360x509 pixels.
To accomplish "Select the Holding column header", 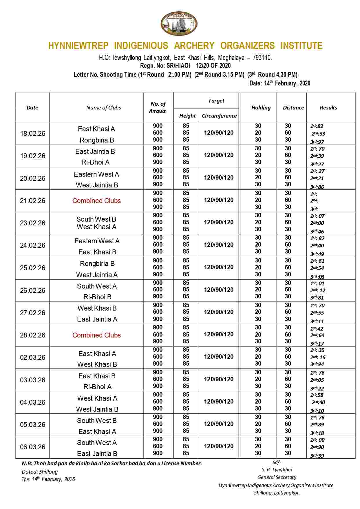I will coord(261,107).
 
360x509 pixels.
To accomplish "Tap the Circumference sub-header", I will coord(219,116).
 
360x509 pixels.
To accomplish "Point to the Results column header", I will coord(328,107).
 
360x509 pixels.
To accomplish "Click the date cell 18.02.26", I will coord(33,134).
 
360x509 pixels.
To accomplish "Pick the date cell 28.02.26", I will coord(33,335).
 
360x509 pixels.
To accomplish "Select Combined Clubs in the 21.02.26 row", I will coord(96,201).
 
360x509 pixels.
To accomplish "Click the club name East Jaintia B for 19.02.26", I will coord(95,152).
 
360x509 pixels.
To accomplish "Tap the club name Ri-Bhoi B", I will coord(97,297).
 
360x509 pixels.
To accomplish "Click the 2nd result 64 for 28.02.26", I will coord(317,335).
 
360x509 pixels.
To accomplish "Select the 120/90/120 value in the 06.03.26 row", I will coord(219,446).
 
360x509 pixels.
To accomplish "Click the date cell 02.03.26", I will coord(33,357).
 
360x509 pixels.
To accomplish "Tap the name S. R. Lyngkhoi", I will coord(277,470).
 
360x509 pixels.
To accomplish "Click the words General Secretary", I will coord(277,477).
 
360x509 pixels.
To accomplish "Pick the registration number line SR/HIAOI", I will coord(185,65).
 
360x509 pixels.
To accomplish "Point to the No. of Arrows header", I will coord(158,107).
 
